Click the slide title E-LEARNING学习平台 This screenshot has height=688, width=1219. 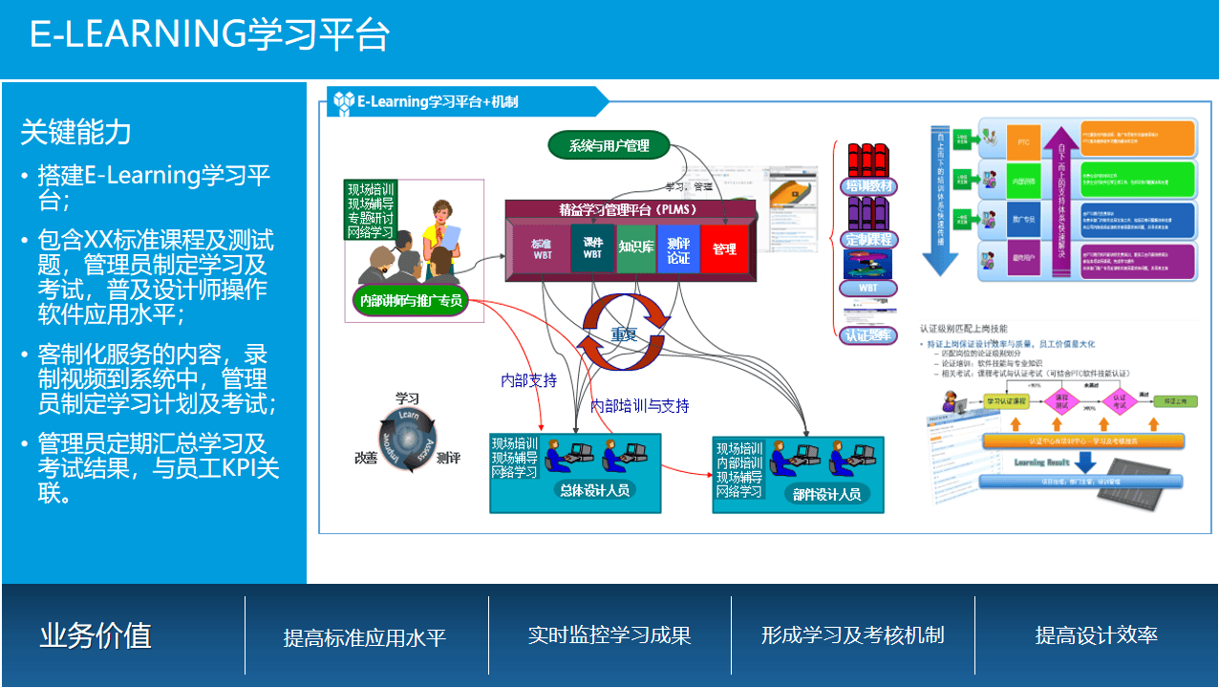tap(209, 34)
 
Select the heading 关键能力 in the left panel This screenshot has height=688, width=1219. tap(76, 132)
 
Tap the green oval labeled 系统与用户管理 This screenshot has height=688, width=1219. tap(609, 145)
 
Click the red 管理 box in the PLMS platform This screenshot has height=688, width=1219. tap(724, 249)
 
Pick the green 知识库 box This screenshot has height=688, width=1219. tap(635, 247)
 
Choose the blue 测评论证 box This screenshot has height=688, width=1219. tap(678, 249)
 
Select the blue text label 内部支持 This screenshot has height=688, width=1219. tap(528, 380)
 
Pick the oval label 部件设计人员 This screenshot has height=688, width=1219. tap(826, 494)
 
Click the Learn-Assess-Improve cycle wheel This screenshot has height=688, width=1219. tap(408, 441)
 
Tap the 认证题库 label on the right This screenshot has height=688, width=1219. tap(867, 335)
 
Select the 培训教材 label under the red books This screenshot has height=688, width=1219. tap(867, 185)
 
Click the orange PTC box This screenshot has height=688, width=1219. tap(1023, 141)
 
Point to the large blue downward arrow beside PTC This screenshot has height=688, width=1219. tap(941, 201)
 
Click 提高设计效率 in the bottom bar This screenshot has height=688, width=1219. tap(1096, 635)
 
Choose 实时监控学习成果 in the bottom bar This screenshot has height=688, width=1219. tap(609, 635)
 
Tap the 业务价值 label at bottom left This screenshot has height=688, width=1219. tap(96, 635)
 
